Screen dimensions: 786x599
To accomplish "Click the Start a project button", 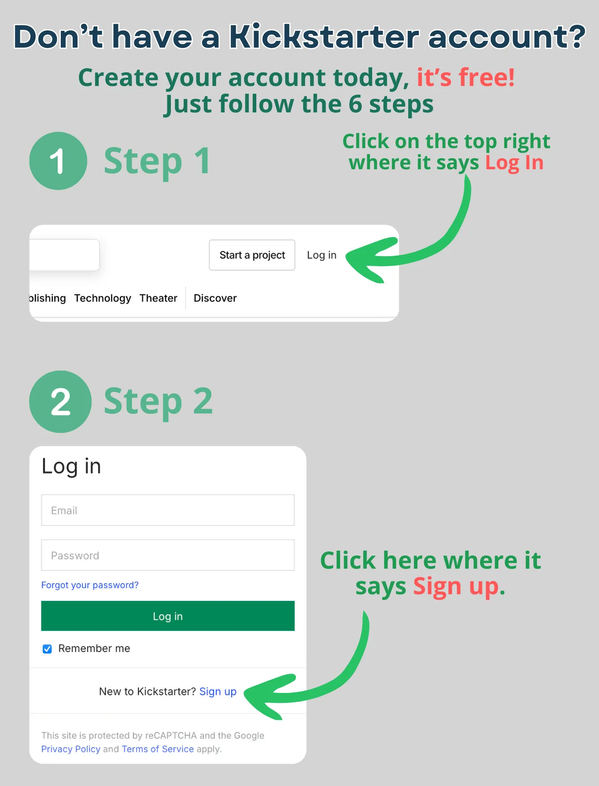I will tap(252, 255).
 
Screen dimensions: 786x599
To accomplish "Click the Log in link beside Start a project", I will tap(322, 255).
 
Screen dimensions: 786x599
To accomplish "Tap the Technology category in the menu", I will tap(103, 298).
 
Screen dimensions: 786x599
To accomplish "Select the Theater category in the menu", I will tap(158, 298).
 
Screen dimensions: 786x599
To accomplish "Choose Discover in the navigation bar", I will tap(215, 298).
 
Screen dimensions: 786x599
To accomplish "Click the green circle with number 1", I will tap(58, 161).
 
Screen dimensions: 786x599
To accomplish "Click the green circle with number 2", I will tap(60, 402).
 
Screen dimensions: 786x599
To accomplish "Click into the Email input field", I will tap(167, 510).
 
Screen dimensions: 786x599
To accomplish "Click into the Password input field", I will tap(167, 555).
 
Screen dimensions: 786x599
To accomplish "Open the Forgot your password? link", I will tap(90, 585).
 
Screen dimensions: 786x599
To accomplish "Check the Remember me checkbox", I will tap(47, 648).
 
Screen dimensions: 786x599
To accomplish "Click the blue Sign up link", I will tap(218, 691).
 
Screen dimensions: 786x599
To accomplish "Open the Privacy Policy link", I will tap(70, 749).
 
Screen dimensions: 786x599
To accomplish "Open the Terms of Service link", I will tap(158, 749).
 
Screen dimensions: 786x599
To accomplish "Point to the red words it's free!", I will tap(466, 78).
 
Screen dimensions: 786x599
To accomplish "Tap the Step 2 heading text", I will tap(158, 401).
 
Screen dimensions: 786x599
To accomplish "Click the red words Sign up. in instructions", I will tap(458, 586).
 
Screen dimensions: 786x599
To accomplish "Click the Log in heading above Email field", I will tap(71, 466).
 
